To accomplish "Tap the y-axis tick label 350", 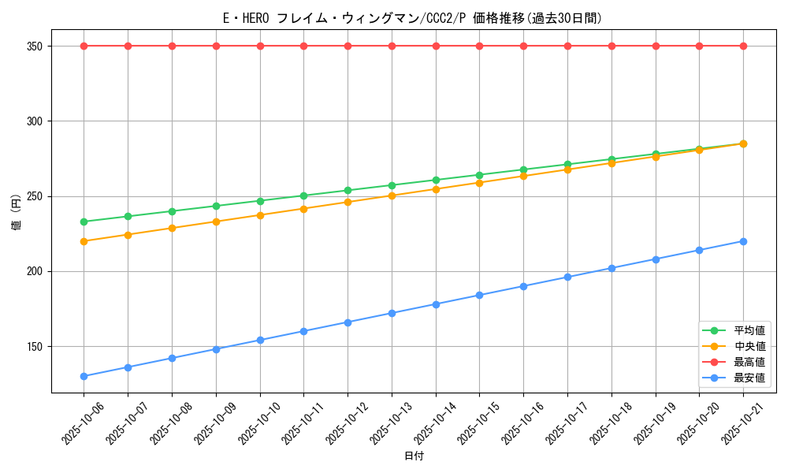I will pos(34,46).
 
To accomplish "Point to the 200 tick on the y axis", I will pos(34,271).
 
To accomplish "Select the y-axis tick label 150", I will pos(34,346).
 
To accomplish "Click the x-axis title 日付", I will pos(414,456).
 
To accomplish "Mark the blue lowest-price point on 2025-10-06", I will pos(84,376).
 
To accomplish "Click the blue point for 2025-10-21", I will pos(743,241).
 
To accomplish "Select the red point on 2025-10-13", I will pos(392,46).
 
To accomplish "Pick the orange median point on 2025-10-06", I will pos(84,241).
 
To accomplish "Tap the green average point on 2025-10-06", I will pos(84,222).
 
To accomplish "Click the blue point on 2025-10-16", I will pos(523,286).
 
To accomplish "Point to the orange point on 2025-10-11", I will pos(303,209).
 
